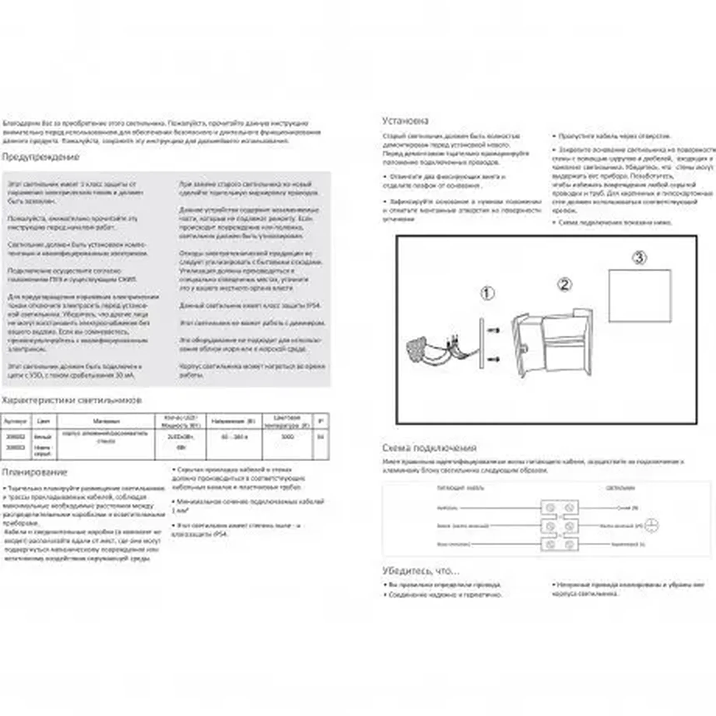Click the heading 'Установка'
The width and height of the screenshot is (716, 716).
click(405, 121)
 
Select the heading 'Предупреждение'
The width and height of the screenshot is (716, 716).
click(40, 157)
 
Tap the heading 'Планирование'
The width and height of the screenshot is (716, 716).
click(35, 472)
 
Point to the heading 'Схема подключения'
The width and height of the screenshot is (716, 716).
click(429, 448)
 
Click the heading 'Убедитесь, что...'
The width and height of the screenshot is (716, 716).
click(421, 571)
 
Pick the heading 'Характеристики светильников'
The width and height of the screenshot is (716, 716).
click(72, 400)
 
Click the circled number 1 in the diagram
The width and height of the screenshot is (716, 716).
click(487, 293)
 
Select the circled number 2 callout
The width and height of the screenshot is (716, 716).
click(564, 285)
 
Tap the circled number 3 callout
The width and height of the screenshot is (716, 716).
click(639, 258)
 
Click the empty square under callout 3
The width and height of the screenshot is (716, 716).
click(639, 296)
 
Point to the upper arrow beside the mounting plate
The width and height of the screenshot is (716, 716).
click(494, 331)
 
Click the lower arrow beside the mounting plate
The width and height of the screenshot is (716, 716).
click(494, 359)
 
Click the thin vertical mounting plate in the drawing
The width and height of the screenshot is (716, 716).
click(482, 343)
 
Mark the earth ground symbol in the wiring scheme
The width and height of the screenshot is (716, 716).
click(651, 526)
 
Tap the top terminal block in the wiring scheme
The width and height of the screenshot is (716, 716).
click(559, 508)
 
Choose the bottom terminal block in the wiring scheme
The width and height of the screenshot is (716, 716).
click(559, 544)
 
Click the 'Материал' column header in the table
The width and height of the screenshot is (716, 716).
click(106, 421)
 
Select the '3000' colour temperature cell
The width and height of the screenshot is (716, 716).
click(287, 437)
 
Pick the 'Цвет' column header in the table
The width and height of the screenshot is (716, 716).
click(43, 421)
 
